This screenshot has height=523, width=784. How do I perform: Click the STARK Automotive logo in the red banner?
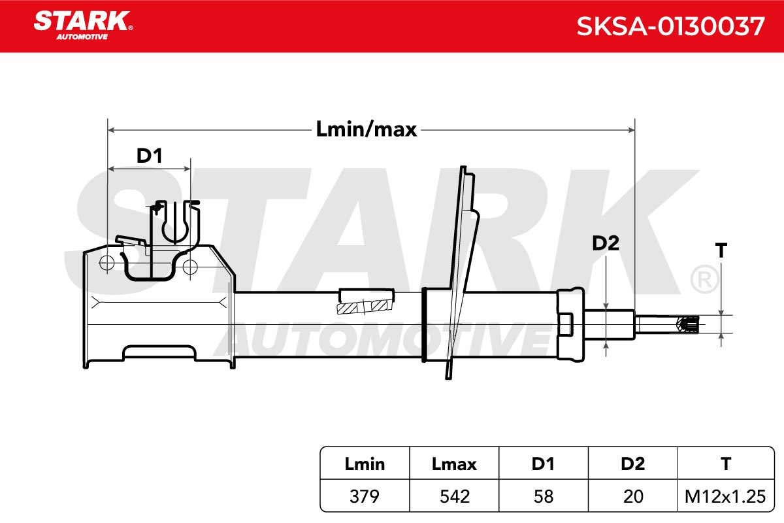(x=83, y=25)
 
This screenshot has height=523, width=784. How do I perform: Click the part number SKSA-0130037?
(x=670, y=26)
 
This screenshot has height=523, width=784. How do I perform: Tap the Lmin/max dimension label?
(x=366, y=129)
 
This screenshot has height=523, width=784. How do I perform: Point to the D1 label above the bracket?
(x=150, y=156)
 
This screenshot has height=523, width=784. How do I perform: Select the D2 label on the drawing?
(x=606, y=243)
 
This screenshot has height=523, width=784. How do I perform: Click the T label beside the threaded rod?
(x=721, y=250)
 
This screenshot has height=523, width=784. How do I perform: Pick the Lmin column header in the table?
(x=365, y=464)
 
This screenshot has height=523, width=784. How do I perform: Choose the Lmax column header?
(x=454, y=464)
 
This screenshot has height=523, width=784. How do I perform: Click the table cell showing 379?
(x=365, y=496)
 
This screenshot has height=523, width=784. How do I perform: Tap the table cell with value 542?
(x=454, y=496)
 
